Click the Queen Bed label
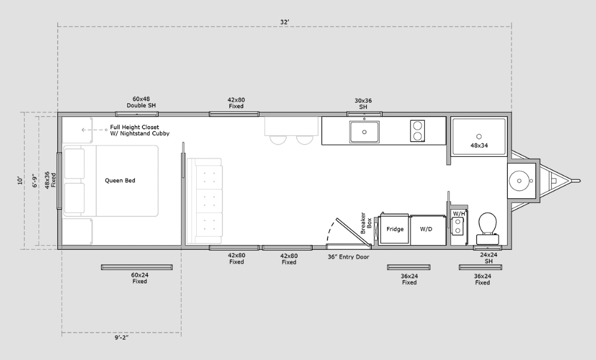pyautogui.click(x=120, y=180)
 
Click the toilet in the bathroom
pyautogui.click(x=487, y=228)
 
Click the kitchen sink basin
pyautogui.click(x=364, y=132)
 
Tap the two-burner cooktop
pyautogui.click(x=417, y=131)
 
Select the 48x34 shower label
pyautogui.click(x=479, y=145)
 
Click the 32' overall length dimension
pyautogui.click(x=285, y=22)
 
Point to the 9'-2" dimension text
pyautogui.click(x=121, y=337)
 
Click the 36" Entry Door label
pyautogui.click(x=348, y=257)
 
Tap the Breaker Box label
pyautogui.click(x=365, y=223)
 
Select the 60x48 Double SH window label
pyautogui.click(x=141, y=102)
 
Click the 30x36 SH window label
pyautogui.click(x=363, y=104)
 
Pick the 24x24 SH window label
pyautogui.click(x=489, y=258)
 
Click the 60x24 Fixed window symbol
pyautogui.click(x=137, y=267)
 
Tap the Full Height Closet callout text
pyautogui.click(x=140, y=130)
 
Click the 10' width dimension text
pyautogui.click(x=20, y=180)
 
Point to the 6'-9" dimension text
pyautogui.click(x=34, y=180)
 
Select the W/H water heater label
pyautogui.click(x=459, y=214)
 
